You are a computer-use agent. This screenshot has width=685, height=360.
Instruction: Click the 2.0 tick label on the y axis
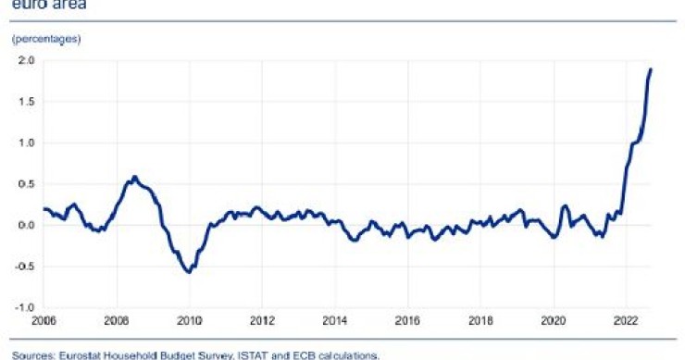coord(26,61)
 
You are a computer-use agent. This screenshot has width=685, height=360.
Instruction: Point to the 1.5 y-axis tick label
coord(26,102)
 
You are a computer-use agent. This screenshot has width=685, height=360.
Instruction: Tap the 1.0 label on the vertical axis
coord(26,143)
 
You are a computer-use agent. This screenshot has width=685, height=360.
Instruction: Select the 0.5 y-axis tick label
coord(26,184)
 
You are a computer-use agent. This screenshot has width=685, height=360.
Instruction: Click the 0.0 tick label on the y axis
coord(26,225)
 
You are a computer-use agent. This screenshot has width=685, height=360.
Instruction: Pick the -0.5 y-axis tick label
coord(24,267)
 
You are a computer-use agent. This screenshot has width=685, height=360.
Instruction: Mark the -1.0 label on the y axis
coord(24,307)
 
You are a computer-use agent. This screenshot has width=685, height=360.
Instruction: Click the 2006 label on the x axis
coord(44,323)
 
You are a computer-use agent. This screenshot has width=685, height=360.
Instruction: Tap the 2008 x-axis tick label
coord(116,323)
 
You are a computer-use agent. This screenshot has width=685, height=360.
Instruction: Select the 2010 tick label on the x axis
coord(189,323)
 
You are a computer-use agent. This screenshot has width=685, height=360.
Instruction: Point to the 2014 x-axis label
coord(335,323)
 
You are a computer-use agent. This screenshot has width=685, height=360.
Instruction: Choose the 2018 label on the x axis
coord(480,323)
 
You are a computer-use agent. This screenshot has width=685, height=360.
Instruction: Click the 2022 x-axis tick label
coord(627,323)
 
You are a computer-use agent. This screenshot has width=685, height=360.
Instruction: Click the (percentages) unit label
coord(46,39)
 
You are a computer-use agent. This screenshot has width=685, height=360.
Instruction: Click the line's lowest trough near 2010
coord(189,271)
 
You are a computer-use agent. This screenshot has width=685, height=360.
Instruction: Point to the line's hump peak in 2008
coord(134,177)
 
